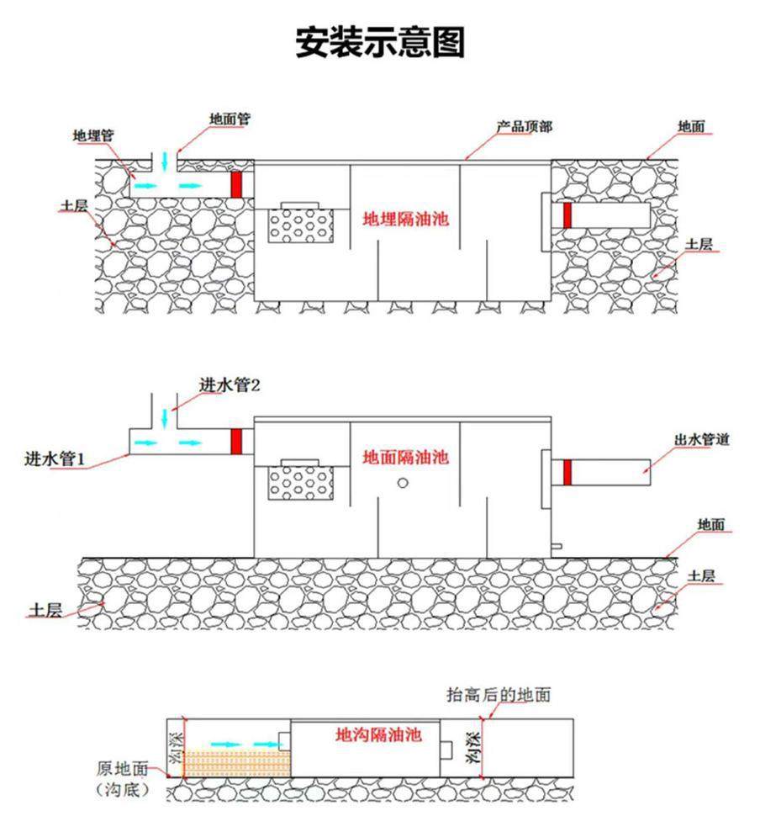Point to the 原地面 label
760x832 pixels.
122,768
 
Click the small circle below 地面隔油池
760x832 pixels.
404,482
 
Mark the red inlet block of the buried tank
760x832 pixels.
236,184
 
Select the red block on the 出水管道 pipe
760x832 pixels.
567,473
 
